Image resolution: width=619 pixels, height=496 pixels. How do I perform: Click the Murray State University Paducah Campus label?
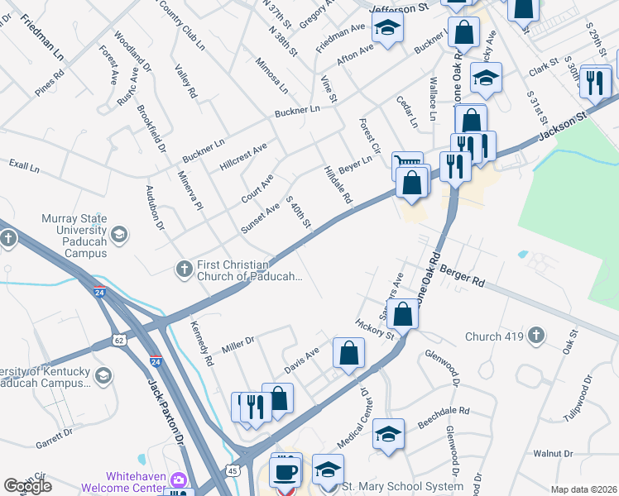(75, 236)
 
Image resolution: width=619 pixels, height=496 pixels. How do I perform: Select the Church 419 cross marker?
(537, 336)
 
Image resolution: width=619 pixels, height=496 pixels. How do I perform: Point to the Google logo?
(28, 486)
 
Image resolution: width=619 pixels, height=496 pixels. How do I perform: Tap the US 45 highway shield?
(233, 470)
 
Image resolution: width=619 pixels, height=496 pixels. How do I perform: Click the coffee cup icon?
(286, 471)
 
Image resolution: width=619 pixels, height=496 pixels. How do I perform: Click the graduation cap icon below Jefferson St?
(386, 28)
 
